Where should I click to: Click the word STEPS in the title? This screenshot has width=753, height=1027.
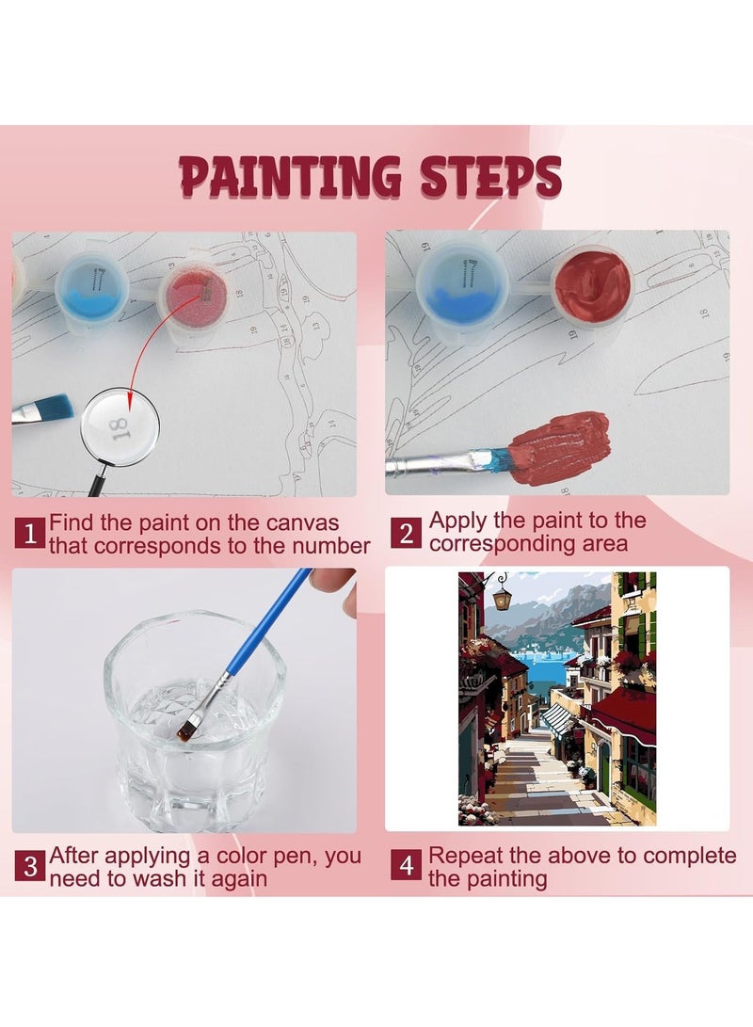(x=489, y=177)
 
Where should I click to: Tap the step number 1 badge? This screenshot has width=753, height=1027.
(x=29, y=534)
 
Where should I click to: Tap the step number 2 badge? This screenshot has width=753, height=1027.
(x=406, y=534)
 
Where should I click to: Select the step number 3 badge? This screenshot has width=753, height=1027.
(x=29, y=866)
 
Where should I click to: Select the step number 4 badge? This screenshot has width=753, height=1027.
(x=406, y=866)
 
